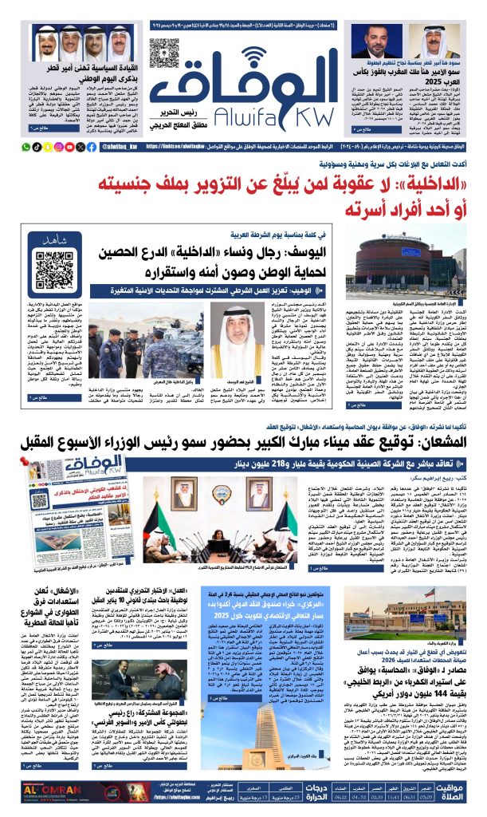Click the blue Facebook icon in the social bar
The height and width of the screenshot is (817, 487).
point(92,147)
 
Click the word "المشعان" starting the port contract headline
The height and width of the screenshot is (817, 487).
point(439,444)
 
